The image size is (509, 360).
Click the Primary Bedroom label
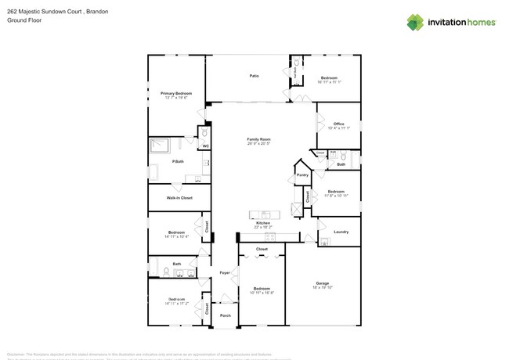point(176,93)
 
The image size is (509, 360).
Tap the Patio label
point(254,76)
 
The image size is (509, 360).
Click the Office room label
point(338,124)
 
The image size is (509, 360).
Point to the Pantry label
point(303,175)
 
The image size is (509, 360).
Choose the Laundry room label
point(341,232)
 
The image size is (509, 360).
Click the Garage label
point(323,283)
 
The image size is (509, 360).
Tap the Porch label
point(225,315)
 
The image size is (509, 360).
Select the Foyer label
point(225,272)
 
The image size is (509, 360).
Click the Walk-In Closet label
point(179,198)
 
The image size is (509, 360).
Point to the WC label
point(205,146)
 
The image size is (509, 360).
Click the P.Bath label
point(179,161)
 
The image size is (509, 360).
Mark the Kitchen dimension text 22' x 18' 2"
point(263,227)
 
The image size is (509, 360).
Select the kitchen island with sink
point(265,214)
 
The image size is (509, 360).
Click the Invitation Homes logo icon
point(415,22)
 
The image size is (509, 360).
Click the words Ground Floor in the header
point(23,21)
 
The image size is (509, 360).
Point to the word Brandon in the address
point(95,12)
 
